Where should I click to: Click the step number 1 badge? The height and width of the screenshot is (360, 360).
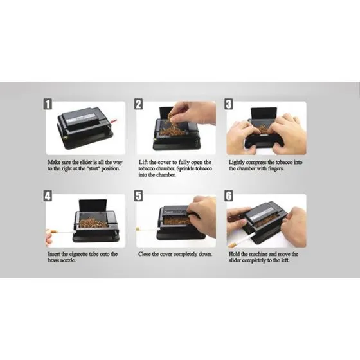coord(48,104)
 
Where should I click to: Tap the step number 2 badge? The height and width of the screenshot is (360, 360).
coord(138,104)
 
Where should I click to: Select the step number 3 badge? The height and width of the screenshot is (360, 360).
coord(228,104)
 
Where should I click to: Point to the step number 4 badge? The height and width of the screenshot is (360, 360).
coord(48,196)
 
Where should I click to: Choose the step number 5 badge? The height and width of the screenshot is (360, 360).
coord(138,196)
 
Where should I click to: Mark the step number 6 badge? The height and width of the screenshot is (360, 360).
coord(228,196)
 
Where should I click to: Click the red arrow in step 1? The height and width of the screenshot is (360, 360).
coord(114,122)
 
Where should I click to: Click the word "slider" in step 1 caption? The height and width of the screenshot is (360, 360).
coord(86,162)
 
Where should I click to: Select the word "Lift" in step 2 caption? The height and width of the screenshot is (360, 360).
coord(143,162)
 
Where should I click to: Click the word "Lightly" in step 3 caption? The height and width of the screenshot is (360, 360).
coord(237,163)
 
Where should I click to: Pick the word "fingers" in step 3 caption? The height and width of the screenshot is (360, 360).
coord(276,168)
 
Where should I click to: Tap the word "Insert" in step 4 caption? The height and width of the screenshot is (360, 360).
coord(54,254)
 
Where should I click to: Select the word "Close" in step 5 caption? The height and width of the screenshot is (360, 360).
coord(144,254)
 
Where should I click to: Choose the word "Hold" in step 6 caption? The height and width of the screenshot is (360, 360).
coord(234,254)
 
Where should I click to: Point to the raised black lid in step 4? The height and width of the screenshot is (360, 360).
coord(93,205)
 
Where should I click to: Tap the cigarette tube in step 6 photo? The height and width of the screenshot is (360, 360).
coord(242,239)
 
